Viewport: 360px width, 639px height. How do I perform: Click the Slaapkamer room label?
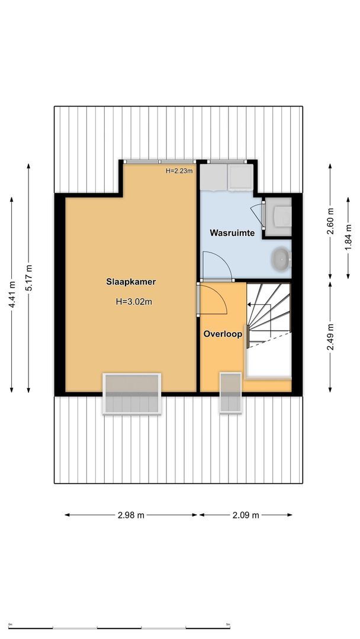131,282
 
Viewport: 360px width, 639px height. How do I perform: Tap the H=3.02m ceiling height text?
134,301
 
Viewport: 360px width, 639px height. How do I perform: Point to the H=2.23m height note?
179,171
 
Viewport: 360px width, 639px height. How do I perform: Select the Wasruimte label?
232,233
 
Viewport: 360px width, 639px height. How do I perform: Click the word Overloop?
223,334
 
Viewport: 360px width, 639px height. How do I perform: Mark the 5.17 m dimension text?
29,277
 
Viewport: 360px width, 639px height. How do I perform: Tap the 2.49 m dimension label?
330,336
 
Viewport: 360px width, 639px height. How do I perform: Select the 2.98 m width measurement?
131,515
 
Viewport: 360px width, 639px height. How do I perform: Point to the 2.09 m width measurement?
246,515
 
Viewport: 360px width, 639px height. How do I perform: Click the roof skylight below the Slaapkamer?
131,394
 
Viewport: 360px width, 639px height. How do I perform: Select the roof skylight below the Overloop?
230,393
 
